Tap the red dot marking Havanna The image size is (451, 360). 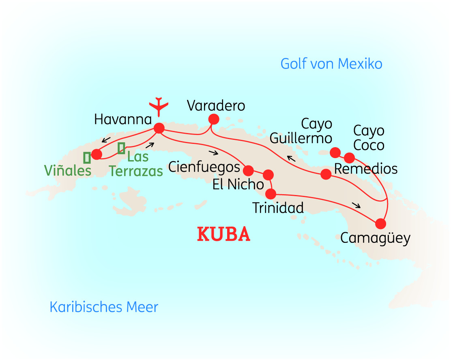pos(159,128)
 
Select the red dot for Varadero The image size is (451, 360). pos(213,119)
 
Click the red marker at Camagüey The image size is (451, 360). pos(380,223)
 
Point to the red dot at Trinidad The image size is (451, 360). pos(272,194)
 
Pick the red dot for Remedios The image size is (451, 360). pos(326,174)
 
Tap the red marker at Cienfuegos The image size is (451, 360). pos(249,170)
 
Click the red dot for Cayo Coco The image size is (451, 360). pos(349,158)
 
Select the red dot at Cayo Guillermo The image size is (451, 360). pos(335,152)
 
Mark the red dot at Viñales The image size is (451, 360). pos(97,154)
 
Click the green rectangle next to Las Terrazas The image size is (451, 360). pos(121,148)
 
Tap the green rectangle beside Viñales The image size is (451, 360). pos(87,158)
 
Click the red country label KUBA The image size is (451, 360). pos(223,234)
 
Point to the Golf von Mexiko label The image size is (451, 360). pos(331,64)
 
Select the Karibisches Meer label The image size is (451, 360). pos(104,307)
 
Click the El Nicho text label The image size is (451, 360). pos(238,184)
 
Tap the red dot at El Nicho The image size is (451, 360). pos(268,175)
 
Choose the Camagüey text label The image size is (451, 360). pos(375,238)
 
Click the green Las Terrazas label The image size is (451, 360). pos(137,164)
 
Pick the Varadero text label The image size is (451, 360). pos(216,106)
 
